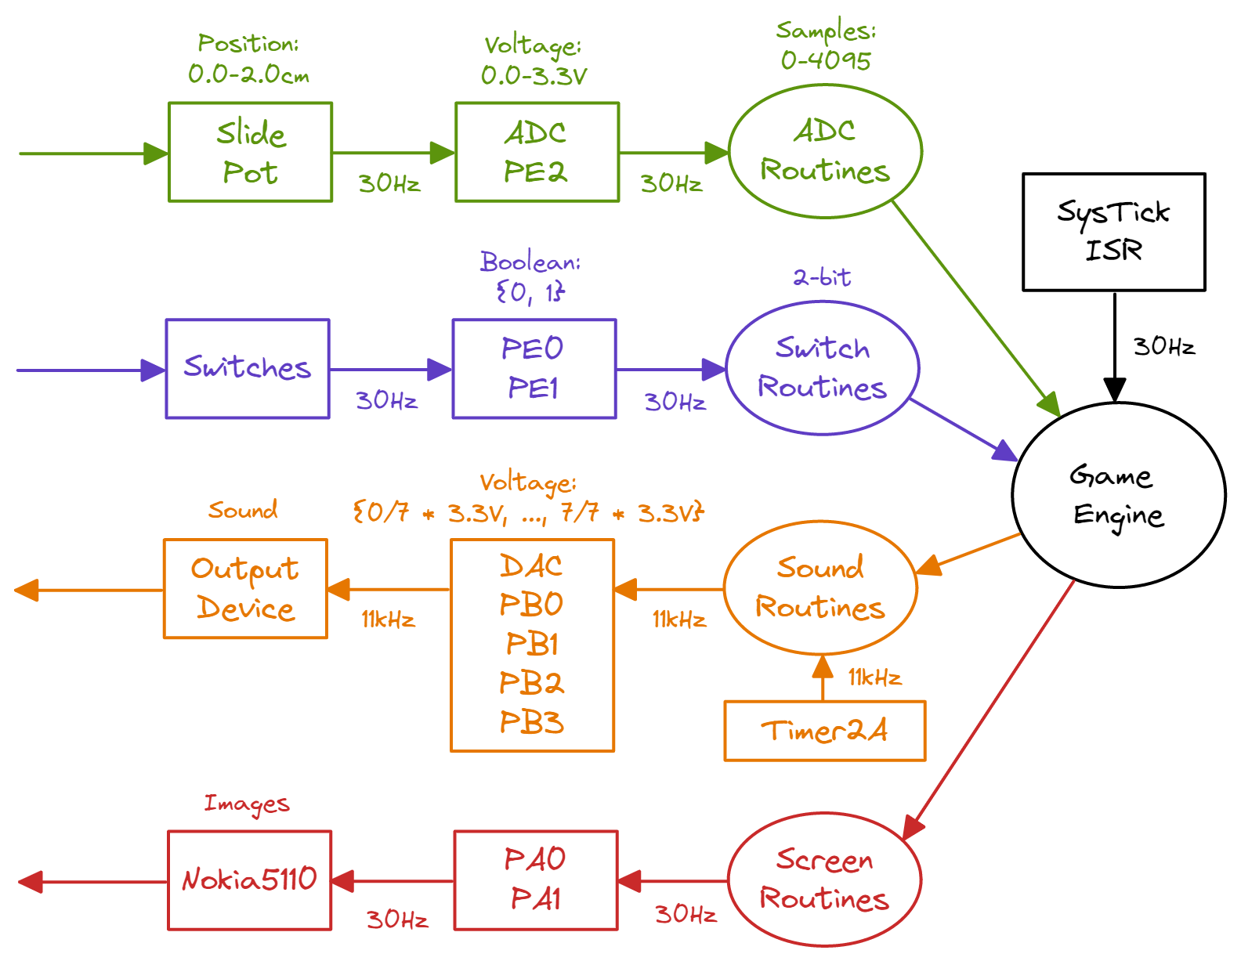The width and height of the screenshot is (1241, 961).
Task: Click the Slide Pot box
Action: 250,152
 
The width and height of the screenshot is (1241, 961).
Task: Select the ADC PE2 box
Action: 537,152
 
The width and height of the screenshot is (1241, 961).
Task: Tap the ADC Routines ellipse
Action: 825,151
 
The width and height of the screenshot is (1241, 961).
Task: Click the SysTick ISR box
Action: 1113,232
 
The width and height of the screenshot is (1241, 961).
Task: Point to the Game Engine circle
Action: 1118,495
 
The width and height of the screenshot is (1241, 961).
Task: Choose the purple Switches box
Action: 248,368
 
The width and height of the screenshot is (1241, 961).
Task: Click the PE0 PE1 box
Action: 534,368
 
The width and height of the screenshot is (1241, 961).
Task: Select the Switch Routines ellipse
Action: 822,368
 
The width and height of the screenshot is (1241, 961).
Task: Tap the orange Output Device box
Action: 245,589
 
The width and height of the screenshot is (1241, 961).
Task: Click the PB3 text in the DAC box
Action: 532,722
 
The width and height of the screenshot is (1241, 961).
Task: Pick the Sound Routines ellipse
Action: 819,588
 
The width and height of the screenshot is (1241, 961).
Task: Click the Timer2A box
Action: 824,731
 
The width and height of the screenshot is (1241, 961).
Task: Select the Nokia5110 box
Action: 249,880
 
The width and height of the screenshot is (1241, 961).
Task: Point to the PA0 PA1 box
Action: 536,880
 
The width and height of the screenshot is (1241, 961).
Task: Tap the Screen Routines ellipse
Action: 824,880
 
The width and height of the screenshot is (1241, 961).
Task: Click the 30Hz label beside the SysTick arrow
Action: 1164,346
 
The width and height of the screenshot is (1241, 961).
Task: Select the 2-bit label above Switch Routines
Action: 822,277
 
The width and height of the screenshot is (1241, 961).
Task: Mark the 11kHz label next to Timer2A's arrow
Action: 874,677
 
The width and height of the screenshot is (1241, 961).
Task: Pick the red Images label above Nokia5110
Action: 247,804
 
